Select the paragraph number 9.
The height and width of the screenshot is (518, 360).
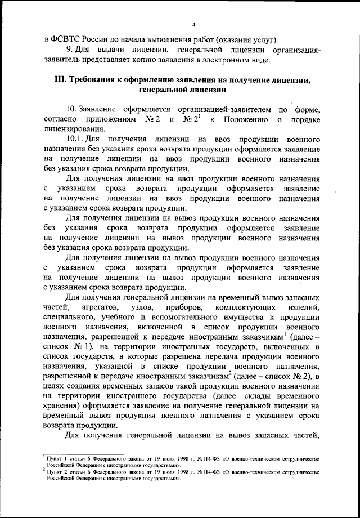pyautogui.click(x=69, y=50)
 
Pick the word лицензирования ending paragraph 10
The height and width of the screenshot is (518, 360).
pyautogui.click(x=74, y=129)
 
